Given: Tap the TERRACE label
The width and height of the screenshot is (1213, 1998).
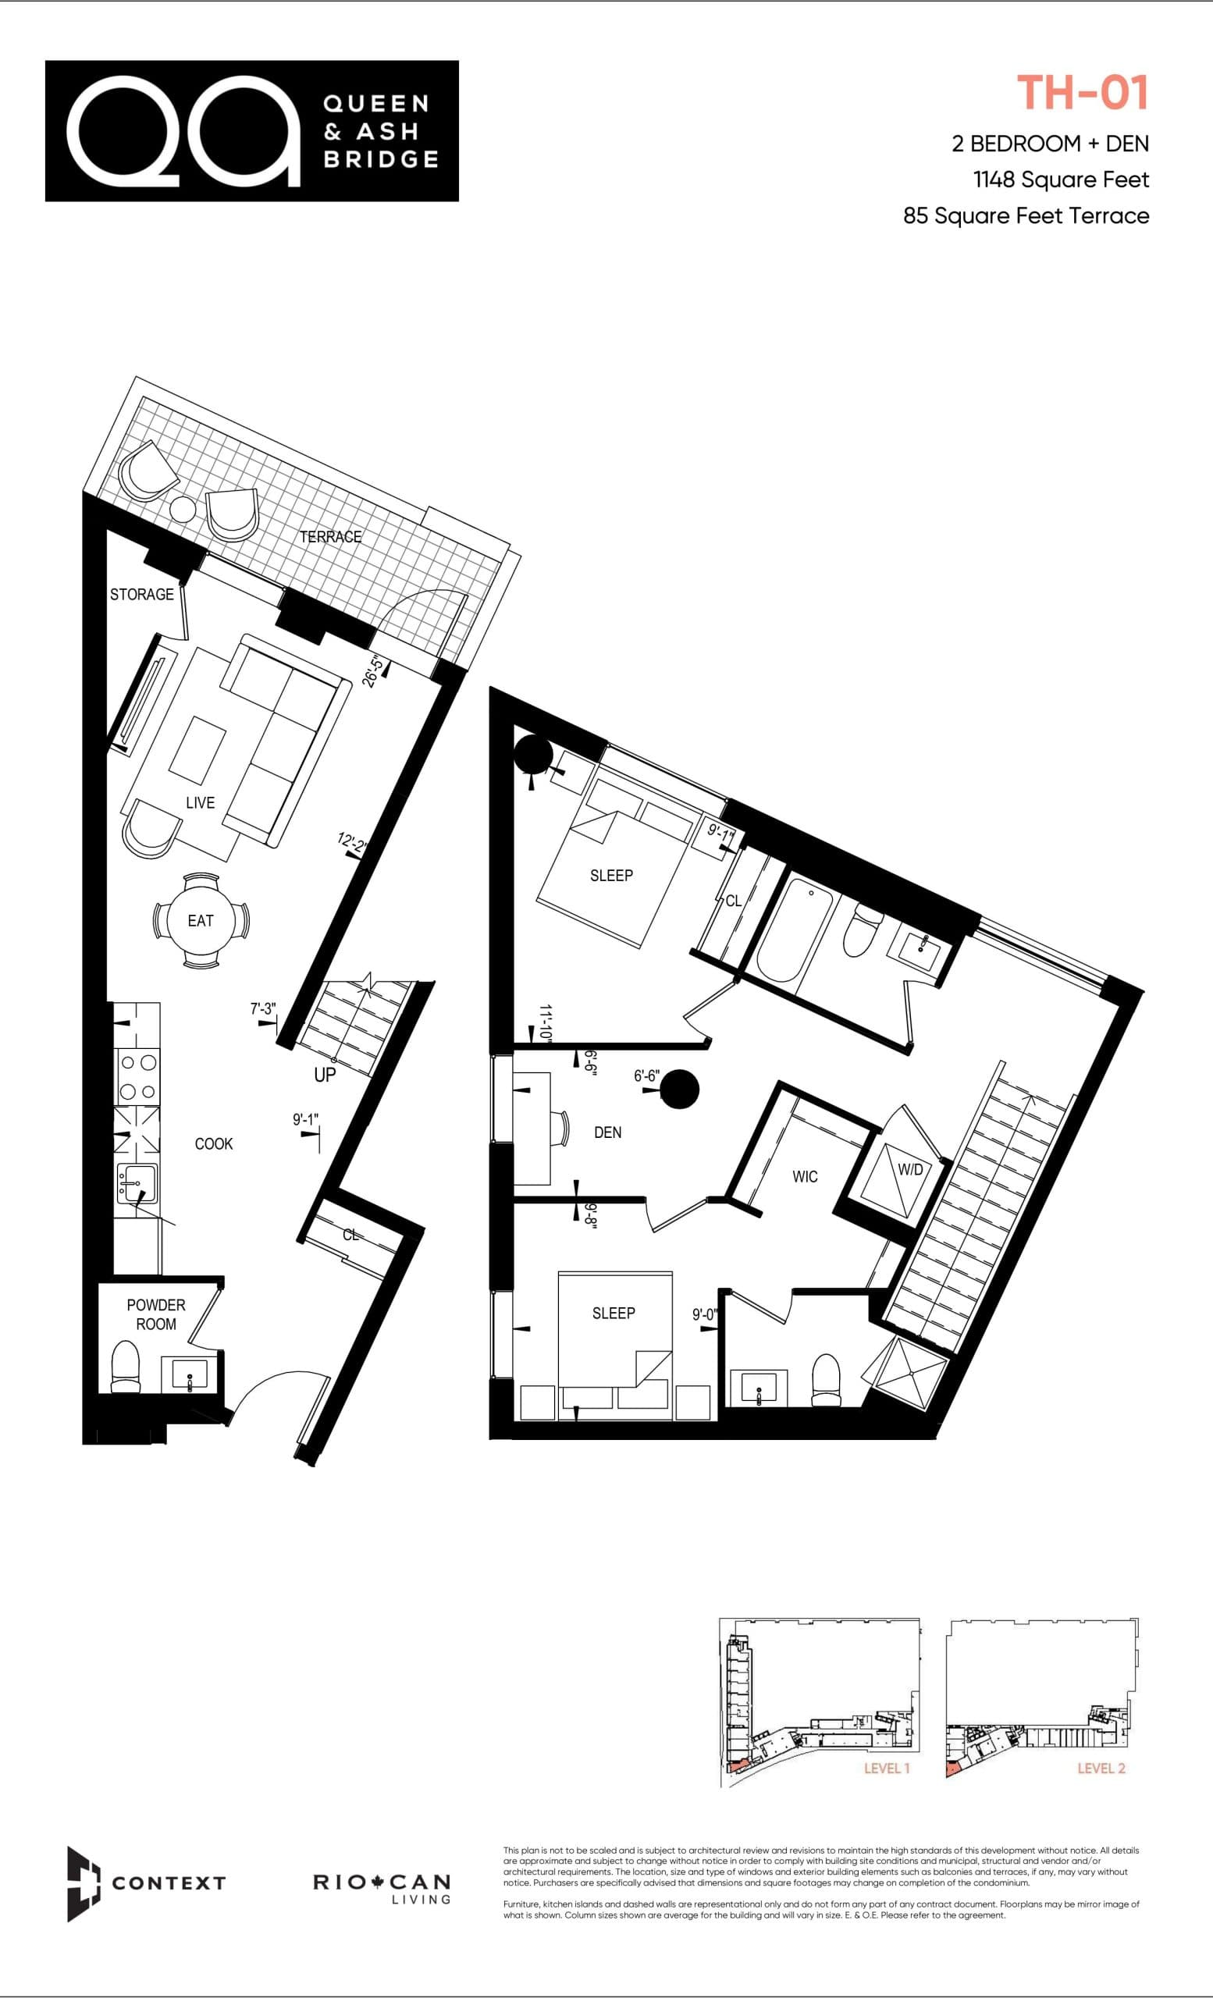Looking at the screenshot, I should [x=330, y=537].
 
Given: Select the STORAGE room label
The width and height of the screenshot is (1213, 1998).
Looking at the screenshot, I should [x=142, y=595].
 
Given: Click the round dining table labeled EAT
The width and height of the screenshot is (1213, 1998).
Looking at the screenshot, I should [x=201, y=920].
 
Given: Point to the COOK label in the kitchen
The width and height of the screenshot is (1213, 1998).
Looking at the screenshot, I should [x=213, y=1143].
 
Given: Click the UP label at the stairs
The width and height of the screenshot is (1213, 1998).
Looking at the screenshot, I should [x=325, y=1075].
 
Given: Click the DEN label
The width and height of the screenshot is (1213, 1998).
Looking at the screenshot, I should [x=607, y=1132].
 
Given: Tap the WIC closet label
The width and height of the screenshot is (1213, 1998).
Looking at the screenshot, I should [x=804, y=1177].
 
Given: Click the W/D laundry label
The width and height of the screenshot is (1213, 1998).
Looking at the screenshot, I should [x=910, y=1169].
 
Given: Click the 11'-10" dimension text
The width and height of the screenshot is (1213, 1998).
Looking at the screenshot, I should [x=546, y=1023].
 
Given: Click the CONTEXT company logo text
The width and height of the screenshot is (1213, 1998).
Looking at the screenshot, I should [x=168, y=1882].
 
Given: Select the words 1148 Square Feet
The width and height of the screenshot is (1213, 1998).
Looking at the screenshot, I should [x=1061, y=180].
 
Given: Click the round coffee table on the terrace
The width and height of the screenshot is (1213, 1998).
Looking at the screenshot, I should [x=183, y=508].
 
